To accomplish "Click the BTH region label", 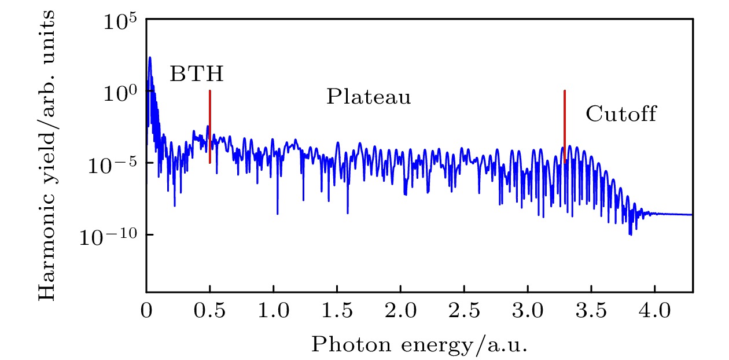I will coord(196,74).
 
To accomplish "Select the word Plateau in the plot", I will coord(369,97).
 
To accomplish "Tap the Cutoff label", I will coord(621,114).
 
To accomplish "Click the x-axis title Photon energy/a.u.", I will coord(419,344).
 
